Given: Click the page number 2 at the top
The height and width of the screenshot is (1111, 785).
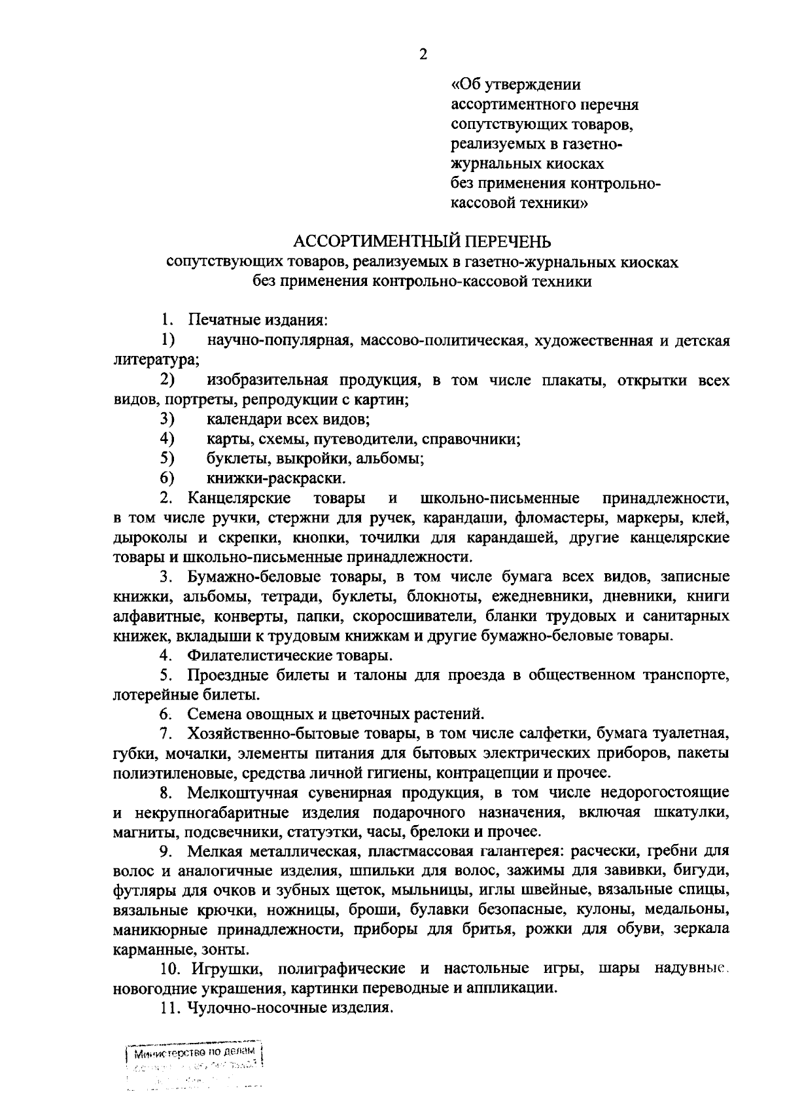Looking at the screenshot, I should tap(423, 54).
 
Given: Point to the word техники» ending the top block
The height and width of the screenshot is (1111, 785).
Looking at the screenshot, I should tap(553, 203).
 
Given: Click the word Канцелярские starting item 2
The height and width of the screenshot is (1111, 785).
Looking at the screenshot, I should tap(239, 498).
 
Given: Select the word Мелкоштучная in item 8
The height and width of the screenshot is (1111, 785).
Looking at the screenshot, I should tap(243, 793).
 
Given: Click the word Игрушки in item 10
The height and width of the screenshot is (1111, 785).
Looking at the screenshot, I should tap(222, 968).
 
